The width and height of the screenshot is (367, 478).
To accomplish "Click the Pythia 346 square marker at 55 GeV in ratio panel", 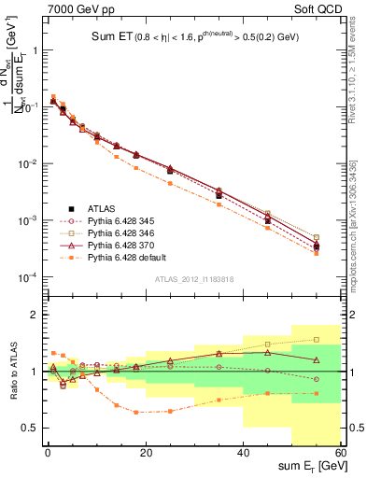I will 317,340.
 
